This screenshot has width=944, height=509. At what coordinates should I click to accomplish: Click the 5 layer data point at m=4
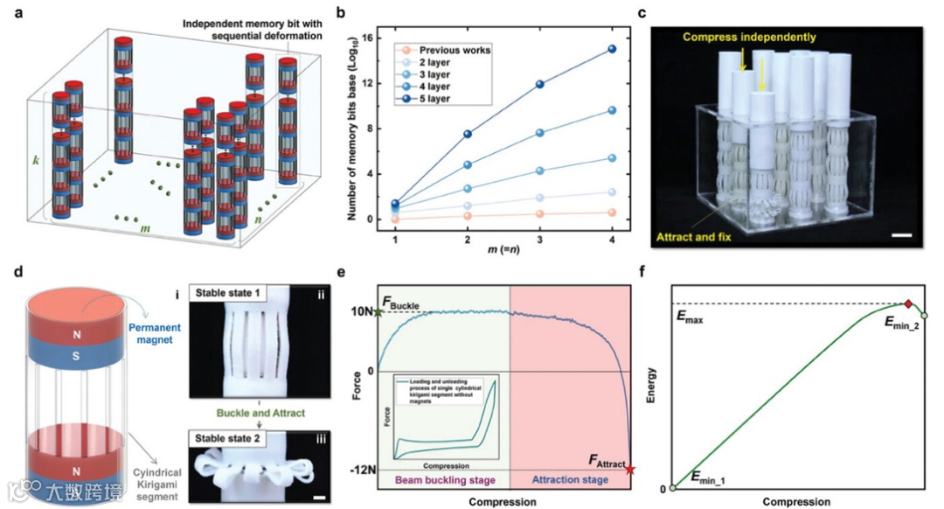(x=612, y=49)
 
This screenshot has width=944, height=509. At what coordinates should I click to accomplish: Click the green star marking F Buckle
(x=378, y=311)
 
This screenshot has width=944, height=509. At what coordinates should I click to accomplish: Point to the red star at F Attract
(x=631, y=470)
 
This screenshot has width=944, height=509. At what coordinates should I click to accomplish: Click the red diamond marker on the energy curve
(x=908, y=303)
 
